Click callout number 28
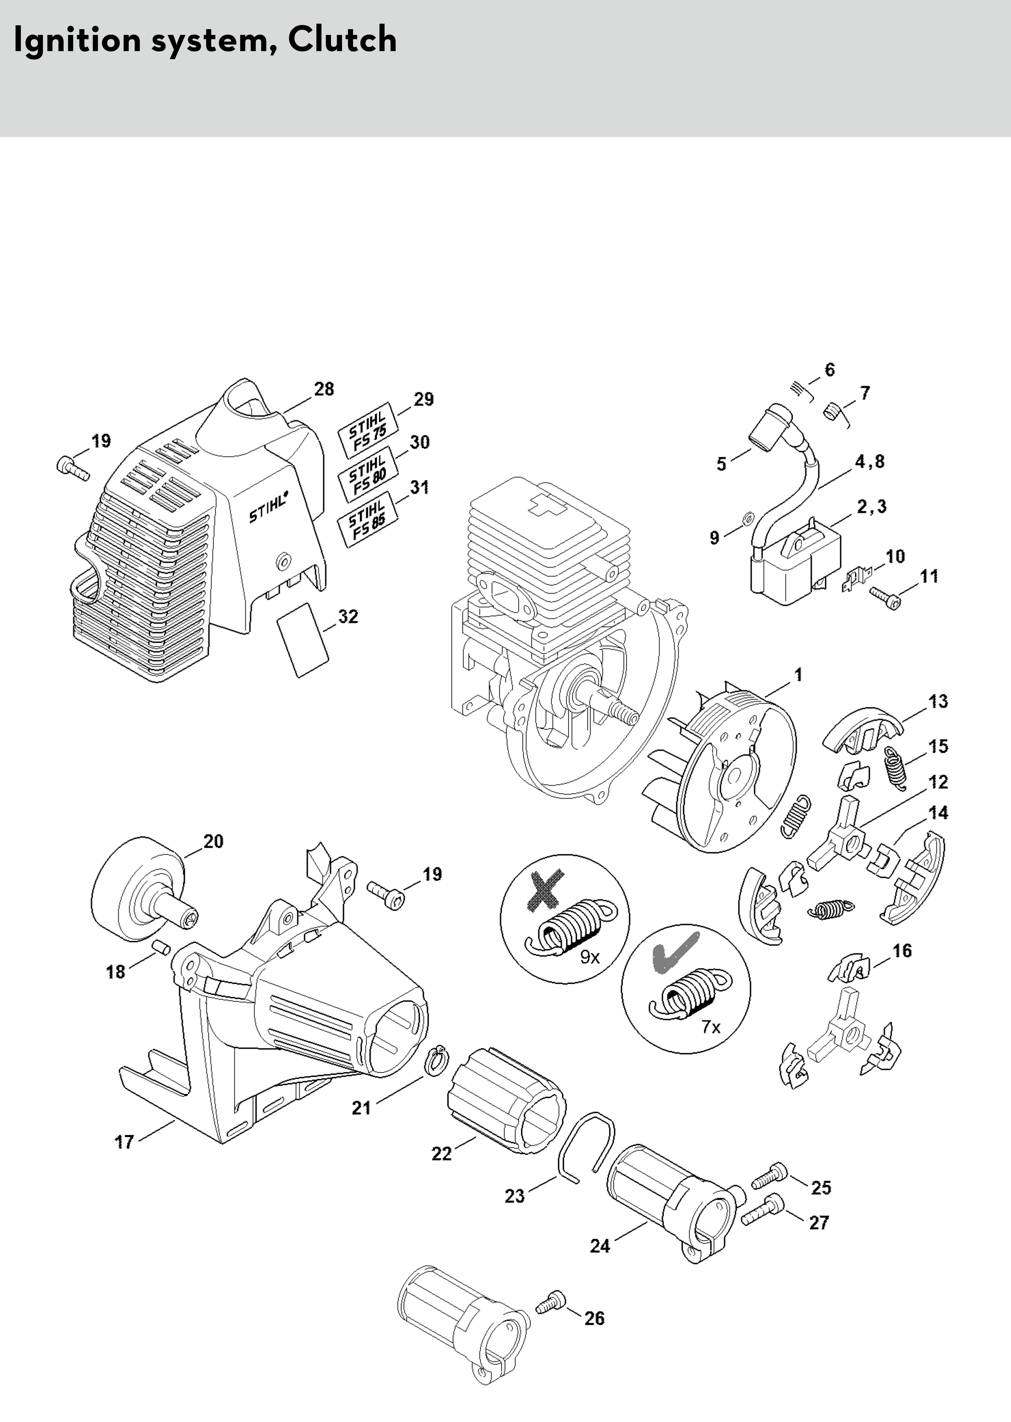[324, 389]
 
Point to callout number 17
[125, 1142]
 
